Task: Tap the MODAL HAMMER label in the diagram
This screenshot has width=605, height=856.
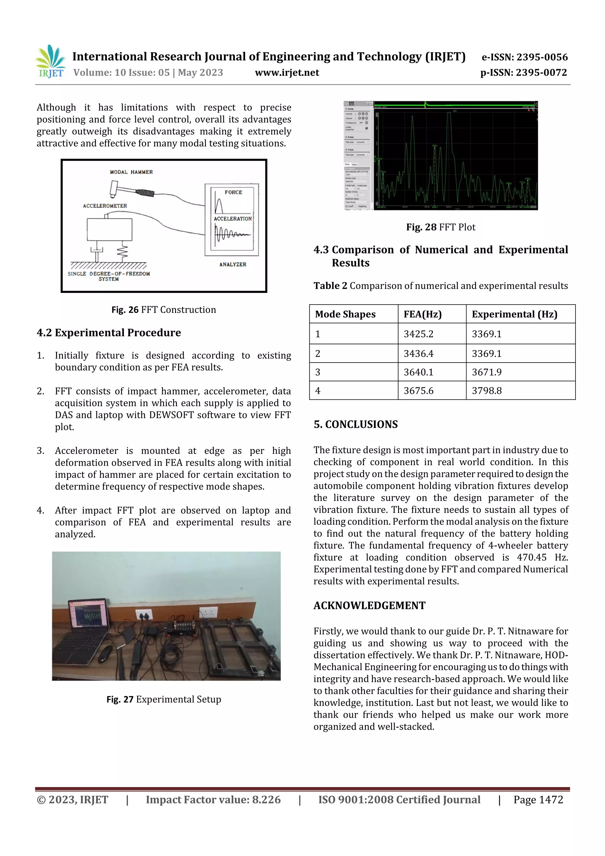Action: [x=131, y=172]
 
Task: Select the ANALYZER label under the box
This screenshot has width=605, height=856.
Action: [x=232, y=264]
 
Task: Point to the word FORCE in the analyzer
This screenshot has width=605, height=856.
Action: [x=233, y=192]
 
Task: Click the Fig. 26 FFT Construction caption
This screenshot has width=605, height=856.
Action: [x=164, y=310]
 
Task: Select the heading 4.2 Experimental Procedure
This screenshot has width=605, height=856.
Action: [x=109, y=332]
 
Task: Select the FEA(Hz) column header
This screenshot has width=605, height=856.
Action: [x=422, y=314]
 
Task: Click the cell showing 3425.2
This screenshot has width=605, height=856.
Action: [x=418, y=334]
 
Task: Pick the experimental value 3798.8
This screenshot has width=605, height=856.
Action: [x=487, y=391]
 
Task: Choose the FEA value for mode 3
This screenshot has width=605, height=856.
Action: [x=418, y=372]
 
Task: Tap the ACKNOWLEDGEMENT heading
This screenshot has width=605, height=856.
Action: [x=369, y=605]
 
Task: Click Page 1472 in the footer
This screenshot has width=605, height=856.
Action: [x=538, y=800]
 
